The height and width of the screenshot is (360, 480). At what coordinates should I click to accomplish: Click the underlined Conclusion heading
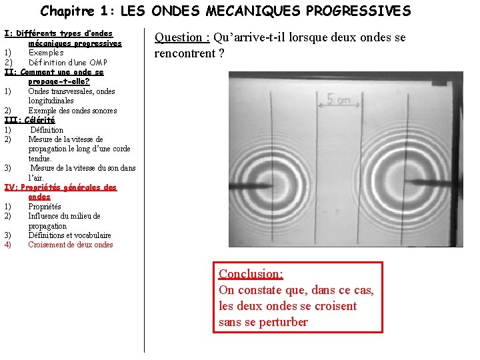pyautogui.click(x=251, y=274)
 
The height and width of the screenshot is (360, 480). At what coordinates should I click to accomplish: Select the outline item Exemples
pyautogui.click(x=46, y=53)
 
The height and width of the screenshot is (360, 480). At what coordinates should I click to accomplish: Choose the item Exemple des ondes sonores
pyautogui.click(x=72, y=111)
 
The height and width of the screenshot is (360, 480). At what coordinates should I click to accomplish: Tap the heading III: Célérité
pyautogui.click(x=30, y=120)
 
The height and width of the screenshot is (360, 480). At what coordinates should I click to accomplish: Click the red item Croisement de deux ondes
pyautogui.click(x=70, y=245)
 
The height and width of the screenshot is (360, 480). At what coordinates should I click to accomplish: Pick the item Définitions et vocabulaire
pyautogui.click(x=69, y=235)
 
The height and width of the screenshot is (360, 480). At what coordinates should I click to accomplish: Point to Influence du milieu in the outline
pyautogui.click(x=64, y=216)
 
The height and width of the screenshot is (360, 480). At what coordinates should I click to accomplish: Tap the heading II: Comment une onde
pyautogui.click(x=54, y=72)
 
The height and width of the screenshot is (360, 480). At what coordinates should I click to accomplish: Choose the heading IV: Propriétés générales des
pyautogui.click(x=61, y=187)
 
